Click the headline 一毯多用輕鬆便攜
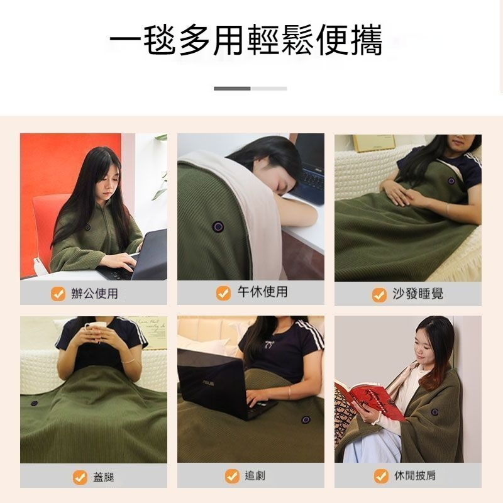point(246,41)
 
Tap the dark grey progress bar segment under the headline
point(232,89)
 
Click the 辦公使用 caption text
point(94,294)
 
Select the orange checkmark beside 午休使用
point(223,293)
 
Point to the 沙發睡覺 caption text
point(417,294)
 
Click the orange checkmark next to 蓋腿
point(80,477)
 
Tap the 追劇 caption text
point(255,476)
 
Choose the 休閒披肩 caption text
point(414,476)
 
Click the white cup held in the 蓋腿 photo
point(96,332)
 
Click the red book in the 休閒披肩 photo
point(371,399)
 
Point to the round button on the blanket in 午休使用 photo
point(218,224)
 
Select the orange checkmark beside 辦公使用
point(58,294)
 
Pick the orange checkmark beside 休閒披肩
point(381,477)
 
